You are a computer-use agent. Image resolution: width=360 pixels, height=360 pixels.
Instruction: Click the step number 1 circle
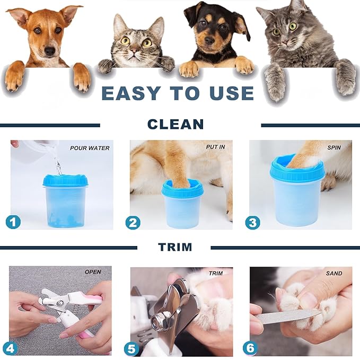click(13, 222)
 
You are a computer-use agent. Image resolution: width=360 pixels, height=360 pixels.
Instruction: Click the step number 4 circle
click(10, 348)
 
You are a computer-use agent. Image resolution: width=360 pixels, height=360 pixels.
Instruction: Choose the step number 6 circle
click(251, 348)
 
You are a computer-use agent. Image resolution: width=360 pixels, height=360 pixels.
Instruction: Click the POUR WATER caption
click(90, 148)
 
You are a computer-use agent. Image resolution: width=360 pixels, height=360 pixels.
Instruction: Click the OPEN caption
click(93, 272)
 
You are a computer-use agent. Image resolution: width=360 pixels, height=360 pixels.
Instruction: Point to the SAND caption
click(334, 274)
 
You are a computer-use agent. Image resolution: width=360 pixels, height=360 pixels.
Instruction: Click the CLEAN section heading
click(175, 125)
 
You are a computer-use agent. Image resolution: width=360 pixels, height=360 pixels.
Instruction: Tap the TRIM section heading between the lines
click(175, 247)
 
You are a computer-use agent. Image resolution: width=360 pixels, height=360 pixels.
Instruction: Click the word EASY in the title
click(131, 93)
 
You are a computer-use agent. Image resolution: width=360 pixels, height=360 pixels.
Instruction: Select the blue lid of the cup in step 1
click(65, 181)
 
